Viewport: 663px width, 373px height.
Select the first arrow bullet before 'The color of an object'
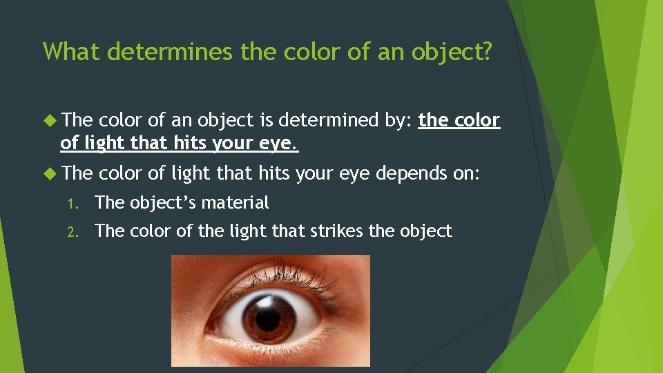coord(50,120)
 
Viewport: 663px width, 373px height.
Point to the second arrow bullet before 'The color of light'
coord(50,173)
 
